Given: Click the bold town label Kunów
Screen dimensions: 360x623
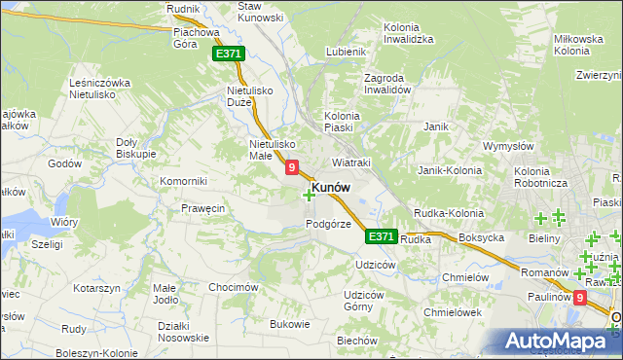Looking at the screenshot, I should click(x=331, y=187).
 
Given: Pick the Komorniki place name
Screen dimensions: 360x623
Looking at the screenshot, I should click(x=185, y=181).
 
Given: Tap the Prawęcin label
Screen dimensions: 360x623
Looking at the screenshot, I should click(x=203, y=208).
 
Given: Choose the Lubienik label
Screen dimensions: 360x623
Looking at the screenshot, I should click(x=346, y=52).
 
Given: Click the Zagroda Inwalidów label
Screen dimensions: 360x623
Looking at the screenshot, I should click(x=376, y=83).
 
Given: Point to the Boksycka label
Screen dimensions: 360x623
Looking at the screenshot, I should click(x=481, y=238).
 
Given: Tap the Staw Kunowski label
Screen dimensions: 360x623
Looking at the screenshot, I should click(x=261, y=11).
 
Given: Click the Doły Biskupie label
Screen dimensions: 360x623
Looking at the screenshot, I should click(x=136, y=146).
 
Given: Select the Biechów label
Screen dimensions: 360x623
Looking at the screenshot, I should click(x=356, y=341).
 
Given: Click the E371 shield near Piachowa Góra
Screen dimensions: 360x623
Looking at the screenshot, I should click(x=228, y=54).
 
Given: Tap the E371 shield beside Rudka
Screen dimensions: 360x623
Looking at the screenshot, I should click(x=381, y=236).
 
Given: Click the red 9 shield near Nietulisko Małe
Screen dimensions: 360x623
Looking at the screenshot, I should click(x=292, y=168).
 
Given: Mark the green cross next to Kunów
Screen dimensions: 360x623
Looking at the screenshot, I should click(x=309, y=196).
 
